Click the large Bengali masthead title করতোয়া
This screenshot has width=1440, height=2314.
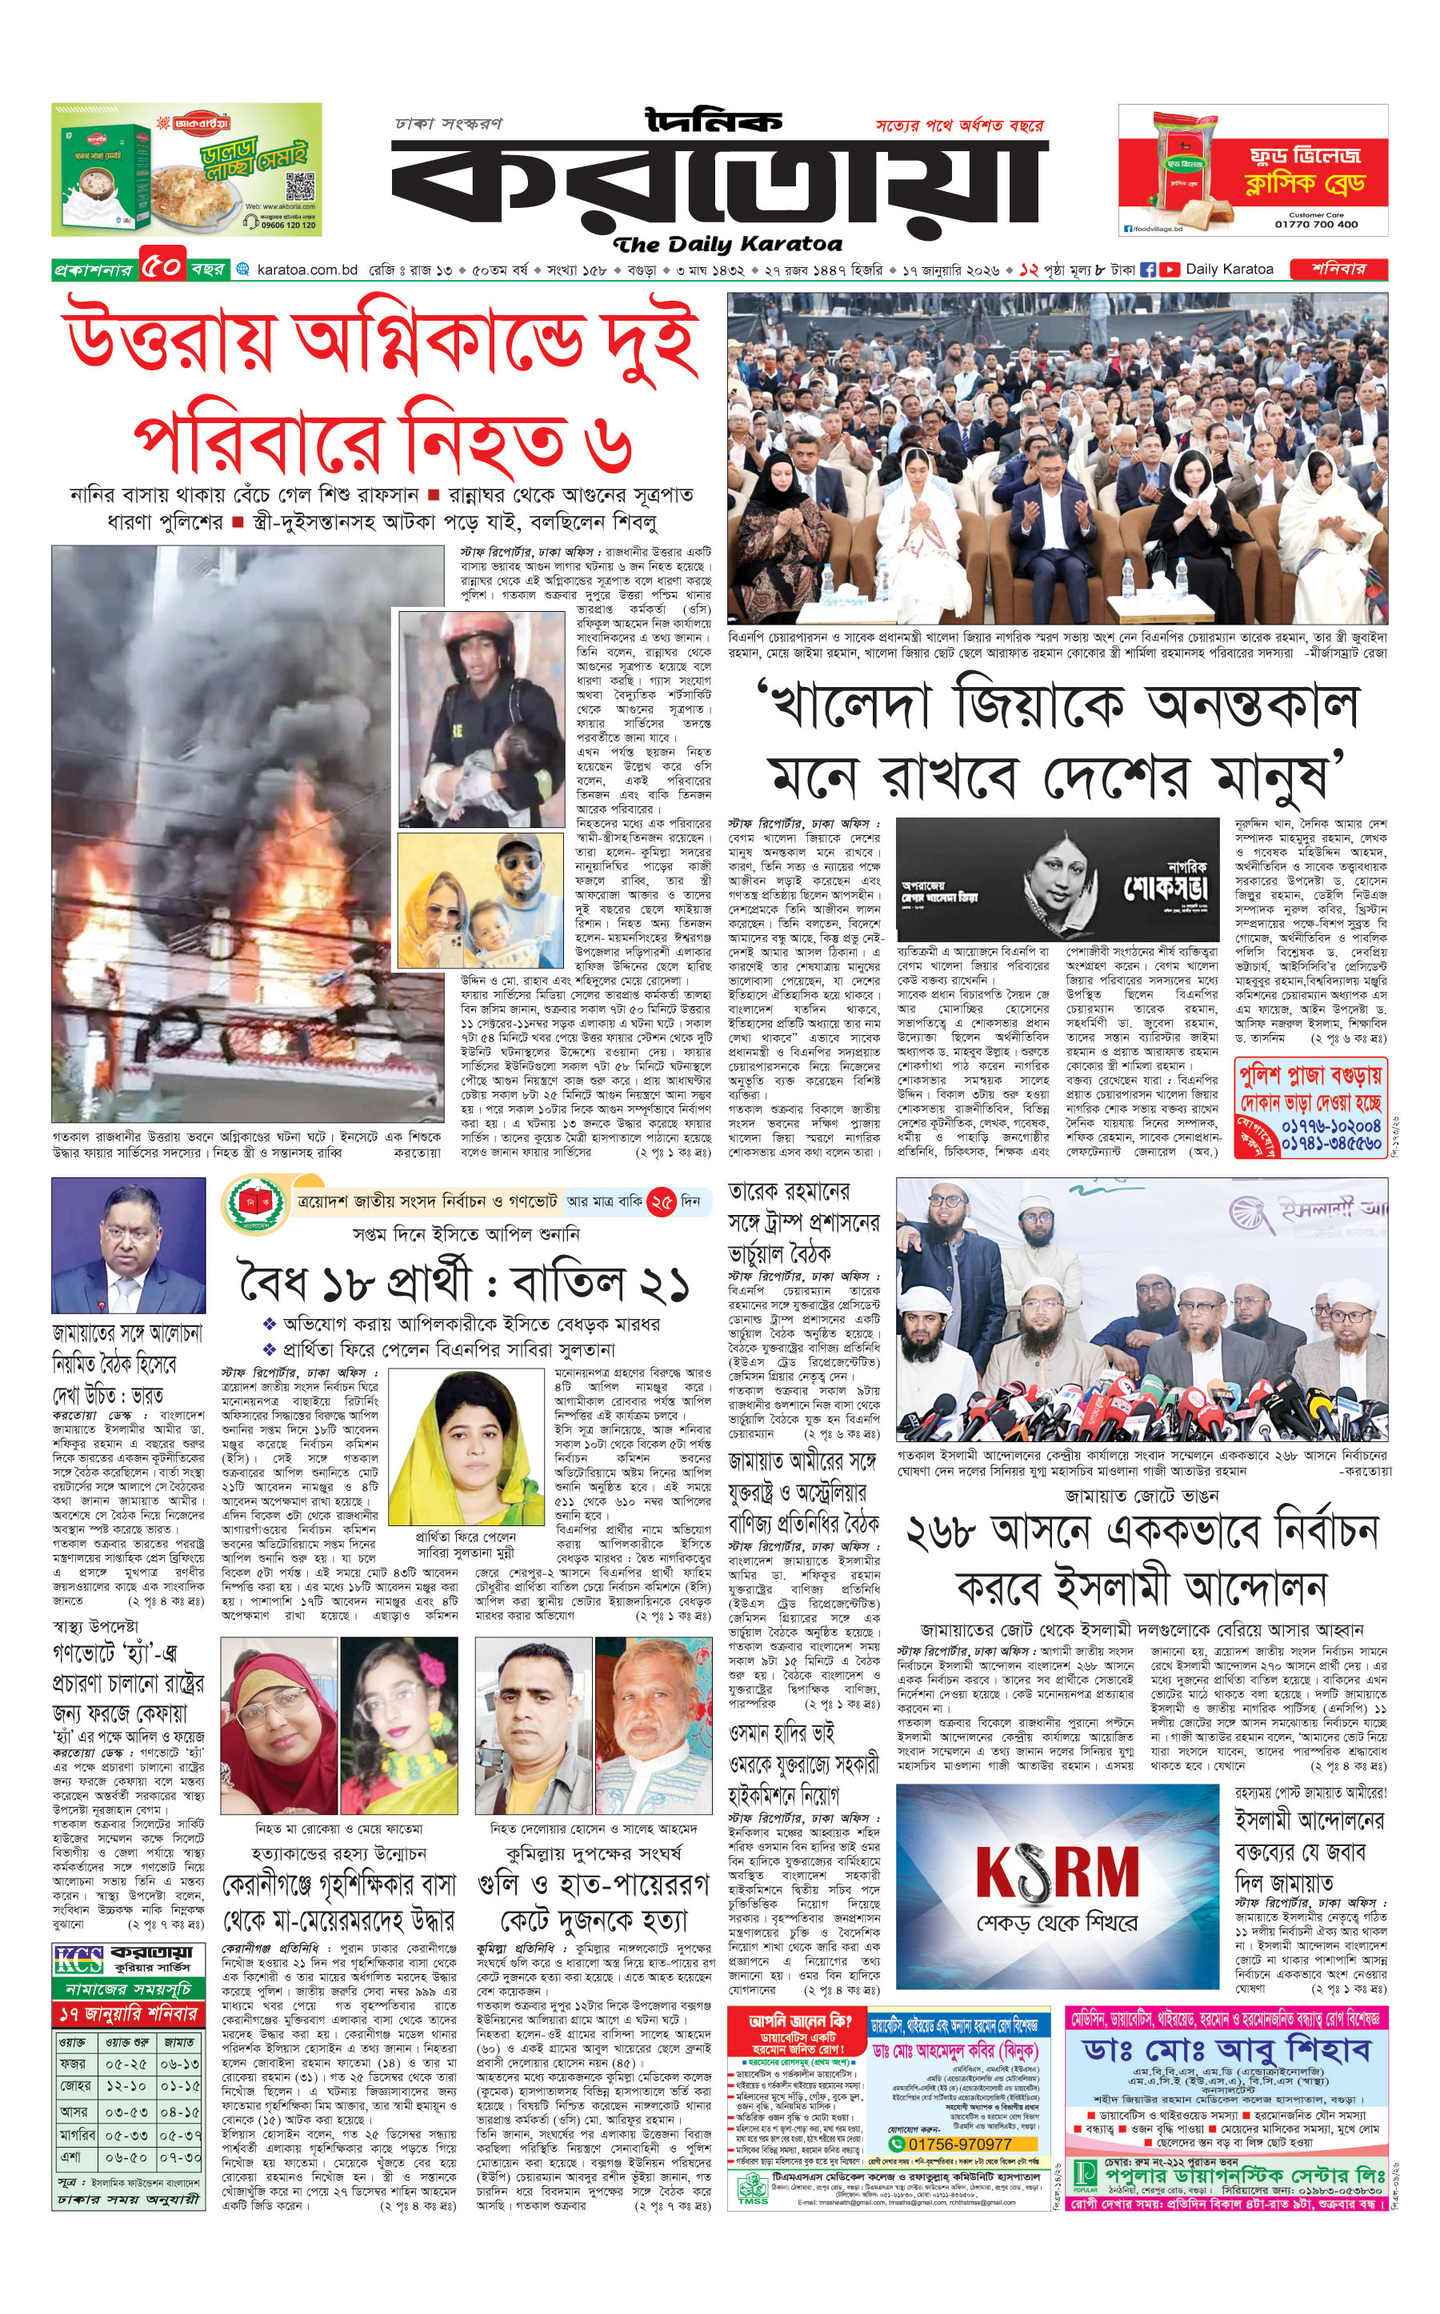[719, 186]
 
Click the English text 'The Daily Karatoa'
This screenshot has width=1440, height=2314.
[728, 245]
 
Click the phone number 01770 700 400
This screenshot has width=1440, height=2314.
[1315, 225]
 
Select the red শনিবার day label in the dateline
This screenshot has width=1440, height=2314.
[1337, 270]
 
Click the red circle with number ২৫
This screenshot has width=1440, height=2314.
[661, 1201]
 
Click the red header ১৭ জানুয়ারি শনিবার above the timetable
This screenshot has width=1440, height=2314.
[129, 2014]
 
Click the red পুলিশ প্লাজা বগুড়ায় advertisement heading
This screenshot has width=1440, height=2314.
[1310, 1077]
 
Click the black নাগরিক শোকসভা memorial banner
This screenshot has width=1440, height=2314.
[1057, 879]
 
